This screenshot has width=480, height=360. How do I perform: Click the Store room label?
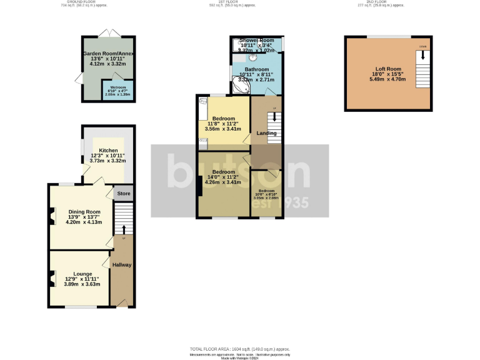pos(124,194)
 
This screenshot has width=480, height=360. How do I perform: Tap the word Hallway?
pos(122,265)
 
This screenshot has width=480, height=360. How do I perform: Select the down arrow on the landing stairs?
pos(273,118)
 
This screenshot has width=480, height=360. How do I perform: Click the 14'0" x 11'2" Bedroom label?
pos(223,177)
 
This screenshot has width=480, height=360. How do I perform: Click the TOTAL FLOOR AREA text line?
pos(240,348)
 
